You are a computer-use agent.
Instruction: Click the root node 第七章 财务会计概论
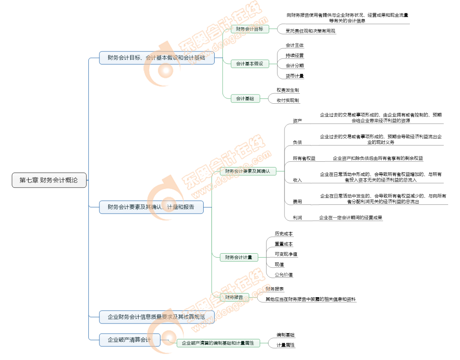(49, 180)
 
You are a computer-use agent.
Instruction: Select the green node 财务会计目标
(249, 29)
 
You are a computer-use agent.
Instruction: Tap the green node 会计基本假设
(249, 64)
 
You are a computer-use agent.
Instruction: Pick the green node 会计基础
(245, 98)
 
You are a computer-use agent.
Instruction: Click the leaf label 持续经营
(294, 55)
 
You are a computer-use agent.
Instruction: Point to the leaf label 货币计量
(294, 76)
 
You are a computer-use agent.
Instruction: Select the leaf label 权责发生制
(288, 90)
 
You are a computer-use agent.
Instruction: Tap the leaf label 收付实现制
(288, 100)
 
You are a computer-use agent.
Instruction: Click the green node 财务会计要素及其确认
(248, 171)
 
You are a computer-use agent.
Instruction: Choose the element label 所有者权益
(304, 158)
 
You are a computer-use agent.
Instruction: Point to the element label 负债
(297, 142)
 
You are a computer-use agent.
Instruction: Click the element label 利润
(297, 217)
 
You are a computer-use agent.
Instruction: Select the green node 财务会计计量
(238, 257)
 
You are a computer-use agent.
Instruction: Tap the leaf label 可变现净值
(286, 254)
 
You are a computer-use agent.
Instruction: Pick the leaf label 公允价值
(284, 274)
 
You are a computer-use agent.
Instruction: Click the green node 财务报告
(234, 297)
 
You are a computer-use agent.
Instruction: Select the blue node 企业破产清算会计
(130, 340)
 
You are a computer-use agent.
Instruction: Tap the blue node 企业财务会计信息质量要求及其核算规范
(157, 316)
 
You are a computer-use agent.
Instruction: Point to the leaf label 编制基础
(285, 335)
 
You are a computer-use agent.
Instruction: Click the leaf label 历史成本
(284, 233)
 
